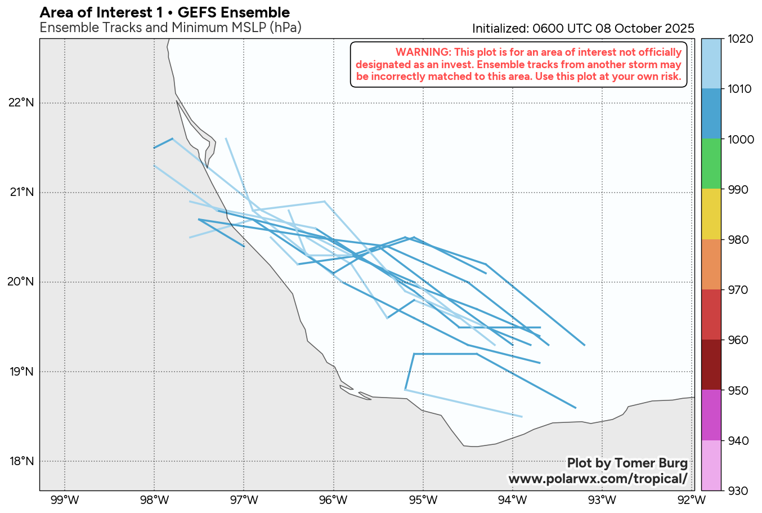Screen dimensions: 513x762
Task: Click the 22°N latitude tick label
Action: click(x=21, y=102)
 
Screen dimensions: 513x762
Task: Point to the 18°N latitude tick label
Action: click(x=21, y=461)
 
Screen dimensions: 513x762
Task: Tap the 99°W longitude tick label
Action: click(x=65, y=499)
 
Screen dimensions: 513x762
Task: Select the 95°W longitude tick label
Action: click(x=423, y=499)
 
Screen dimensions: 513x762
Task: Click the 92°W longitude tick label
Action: click(x=692, y=499)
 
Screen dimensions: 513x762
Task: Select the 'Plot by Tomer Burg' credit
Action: click(x=627, y=463)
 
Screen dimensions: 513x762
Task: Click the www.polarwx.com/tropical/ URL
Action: click(x=598, y=479)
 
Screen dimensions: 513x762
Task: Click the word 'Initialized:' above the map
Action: click(x=500, y=29)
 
